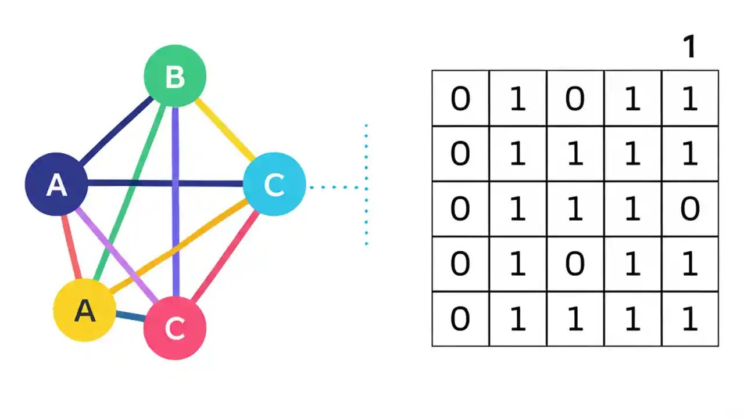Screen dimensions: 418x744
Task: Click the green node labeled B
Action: click(x=175, y=76)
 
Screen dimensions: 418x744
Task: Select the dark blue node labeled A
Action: click(x=56, y=184)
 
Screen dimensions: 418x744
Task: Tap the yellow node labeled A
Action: click(x=84, y=311)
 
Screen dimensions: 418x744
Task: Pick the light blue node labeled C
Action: click(x=274, y=184)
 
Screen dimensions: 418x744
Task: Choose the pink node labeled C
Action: click(x=174, y=328)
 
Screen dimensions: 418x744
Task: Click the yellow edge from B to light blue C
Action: click(x=224, y=129)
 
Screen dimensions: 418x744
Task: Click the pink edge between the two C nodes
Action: click(x=226, y=255)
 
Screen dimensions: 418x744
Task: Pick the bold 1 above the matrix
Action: click(x=689, y=47)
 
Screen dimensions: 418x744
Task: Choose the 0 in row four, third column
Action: click(x=575, y=264)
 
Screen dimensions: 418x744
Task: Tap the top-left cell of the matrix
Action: click(x=460, y=98)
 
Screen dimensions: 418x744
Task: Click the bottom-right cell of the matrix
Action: click(x=690, y=319)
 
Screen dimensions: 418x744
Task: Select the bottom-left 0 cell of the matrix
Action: click(x=460, y=319)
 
